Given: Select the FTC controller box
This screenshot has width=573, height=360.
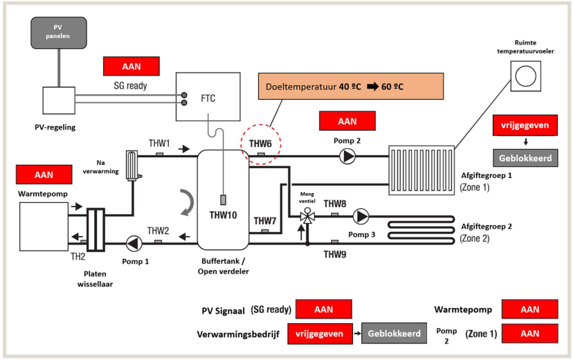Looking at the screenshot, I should (x=207, y=98).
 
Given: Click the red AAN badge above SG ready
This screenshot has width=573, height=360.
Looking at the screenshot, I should (x=131, y=66).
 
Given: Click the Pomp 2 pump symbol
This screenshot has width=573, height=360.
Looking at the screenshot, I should (x=347, y=156).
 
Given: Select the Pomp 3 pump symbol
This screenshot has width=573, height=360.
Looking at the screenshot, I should (x=361, y=217).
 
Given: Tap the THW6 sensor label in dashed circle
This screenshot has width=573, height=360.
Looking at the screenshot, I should (x=261, y=144).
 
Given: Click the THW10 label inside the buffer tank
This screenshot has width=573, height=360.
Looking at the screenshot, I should (x=223, y=215).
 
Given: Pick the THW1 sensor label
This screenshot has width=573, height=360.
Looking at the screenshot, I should (x=159, y=143).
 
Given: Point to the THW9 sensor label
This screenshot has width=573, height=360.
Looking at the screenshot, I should (x=335, y=254).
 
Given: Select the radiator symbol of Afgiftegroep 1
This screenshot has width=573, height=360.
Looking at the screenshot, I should (x=421, y=165).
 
